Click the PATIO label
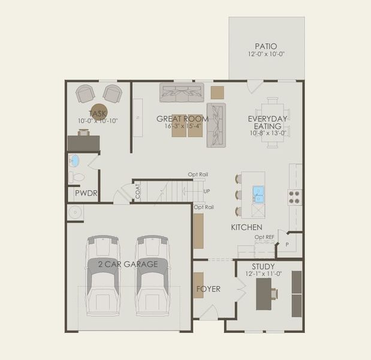click(266, 46)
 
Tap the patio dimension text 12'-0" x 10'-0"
click(266, 54)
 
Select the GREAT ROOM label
click(183, 119)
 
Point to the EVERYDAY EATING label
click(268, 122)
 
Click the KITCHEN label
click(247, 227)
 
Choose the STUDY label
click(264, 266)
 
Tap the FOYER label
click(209, 289)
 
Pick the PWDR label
click(86, 195)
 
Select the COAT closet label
click(138, 191)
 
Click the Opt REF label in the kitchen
click(264, 237)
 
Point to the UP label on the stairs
click(207, 191)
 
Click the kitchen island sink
click(258, 193)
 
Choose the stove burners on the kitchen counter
click(295, 197)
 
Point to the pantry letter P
click(286, 244)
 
